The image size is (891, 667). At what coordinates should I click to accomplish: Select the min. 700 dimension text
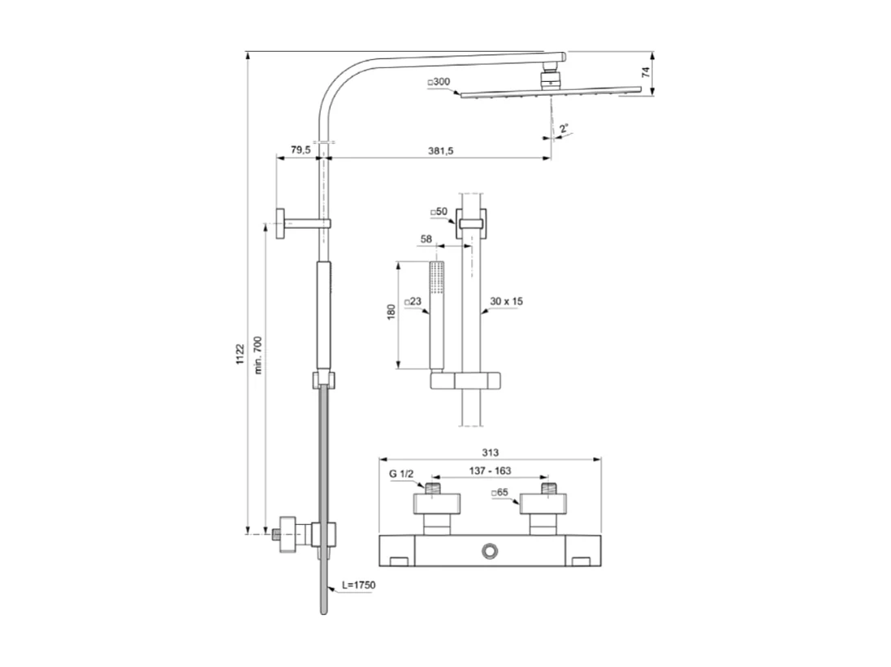(x=258, y=355)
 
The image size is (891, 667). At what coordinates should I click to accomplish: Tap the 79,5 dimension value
(x=300, y=150)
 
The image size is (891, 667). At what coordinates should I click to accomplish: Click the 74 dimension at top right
(x=646, y=72)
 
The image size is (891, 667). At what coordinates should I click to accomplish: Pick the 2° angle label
(x=564, y=128)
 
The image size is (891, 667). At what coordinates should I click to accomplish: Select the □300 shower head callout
(x=439, y=83)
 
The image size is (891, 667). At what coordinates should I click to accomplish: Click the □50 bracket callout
(x=439, y=212)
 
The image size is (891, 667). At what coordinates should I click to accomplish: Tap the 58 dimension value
(x=426, y=239)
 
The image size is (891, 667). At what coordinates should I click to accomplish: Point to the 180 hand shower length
(x=391, y=312)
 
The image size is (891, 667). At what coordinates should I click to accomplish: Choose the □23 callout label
(x=413, y=301)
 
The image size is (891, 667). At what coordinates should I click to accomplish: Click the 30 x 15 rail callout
(x=506, y=301)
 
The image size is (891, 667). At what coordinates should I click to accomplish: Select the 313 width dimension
(x=489, y=452)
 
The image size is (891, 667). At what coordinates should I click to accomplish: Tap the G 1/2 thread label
(x=401, y=474)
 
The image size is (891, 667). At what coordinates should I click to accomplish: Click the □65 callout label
(x=500, y=493)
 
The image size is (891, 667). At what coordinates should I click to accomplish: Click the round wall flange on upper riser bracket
(x=279, y=223)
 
